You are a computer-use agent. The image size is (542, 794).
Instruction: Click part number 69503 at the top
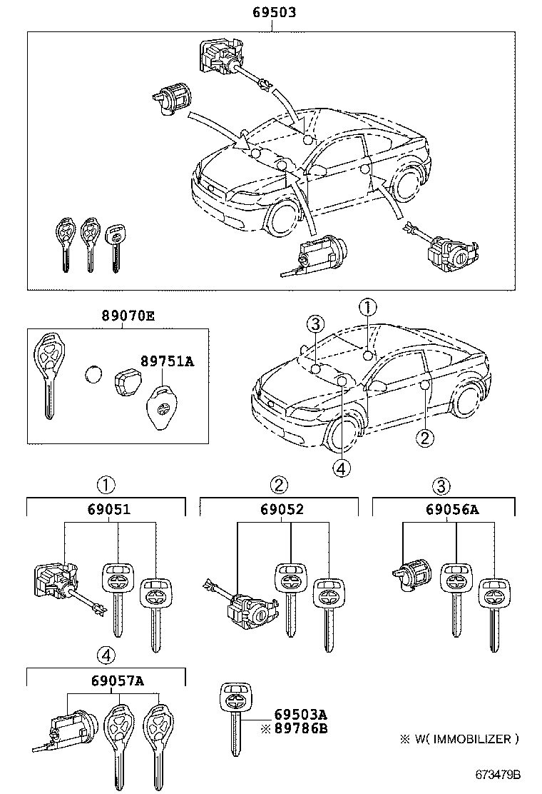tap(274, 12)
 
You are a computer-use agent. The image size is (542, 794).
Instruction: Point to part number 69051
tap(108, 509)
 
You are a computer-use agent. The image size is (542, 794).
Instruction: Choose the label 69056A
tap(452, 509)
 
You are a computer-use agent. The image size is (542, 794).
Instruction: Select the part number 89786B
tap(300, 728)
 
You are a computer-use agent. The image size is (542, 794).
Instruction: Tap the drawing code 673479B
tap(500, 775)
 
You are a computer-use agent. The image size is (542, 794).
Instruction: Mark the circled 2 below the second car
tap(424, 438)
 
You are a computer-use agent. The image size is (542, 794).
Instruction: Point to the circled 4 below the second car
tap(342, 468)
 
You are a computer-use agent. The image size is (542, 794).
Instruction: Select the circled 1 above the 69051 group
tap(106, 486)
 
